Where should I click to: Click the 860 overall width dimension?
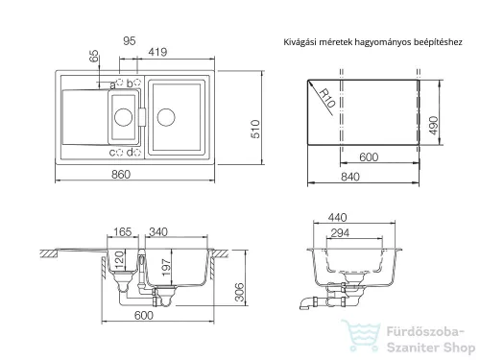(121, 175)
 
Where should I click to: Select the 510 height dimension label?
(256, 129)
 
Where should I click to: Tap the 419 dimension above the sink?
(157, 52)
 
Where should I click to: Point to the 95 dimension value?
(130, 40)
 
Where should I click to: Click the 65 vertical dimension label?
(94, 57)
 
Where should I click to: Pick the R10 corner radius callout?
(327, 98)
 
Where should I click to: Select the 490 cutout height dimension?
(433, 125)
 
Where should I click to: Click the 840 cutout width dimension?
(350, 177)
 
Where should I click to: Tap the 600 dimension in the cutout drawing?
(369, 156)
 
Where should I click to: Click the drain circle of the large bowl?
(166, 117)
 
